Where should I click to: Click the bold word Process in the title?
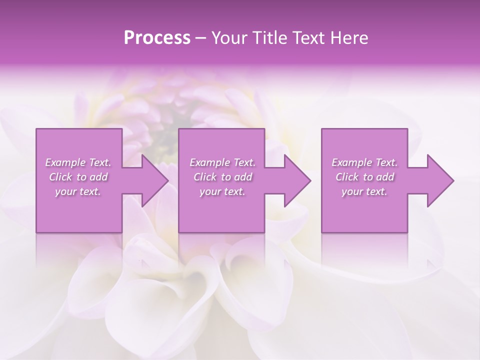pos(157,38)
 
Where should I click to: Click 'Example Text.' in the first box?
pos(78,162)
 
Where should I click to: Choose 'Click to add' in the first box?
pos(78,177)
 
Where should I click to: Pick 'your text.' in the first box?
pos(78,191)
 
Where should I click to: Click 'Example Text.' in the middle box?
pos(222,162)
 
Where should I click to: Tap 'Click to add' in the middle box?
pos(222,177)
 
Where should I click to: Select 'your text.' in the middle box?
pos(222,191)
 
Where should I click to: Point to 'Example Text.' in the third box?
pos(364,162)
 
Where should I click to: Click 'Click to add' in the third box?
pos(364,177)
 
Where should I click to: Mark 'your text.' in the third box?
pos(364,191)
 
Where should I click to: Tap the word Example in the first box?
pos(65,162)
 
